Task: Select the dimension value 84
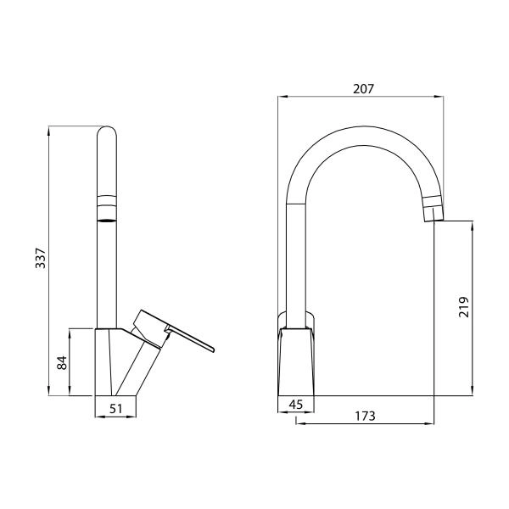tap(61, 362)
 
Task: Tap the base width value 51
tap(117, 409)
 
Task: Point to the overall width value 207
tap(362, 88)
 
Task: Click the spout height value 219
tap(463, 306)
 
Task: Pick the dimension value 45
tap(295, 405)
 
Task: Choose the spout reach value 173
tap(364, 417)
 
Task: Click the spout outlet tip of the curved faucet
tap(433, 210)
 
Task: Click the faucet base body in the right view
tap(297, 361)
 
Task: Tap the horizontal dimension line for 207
tap(362, 98)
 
